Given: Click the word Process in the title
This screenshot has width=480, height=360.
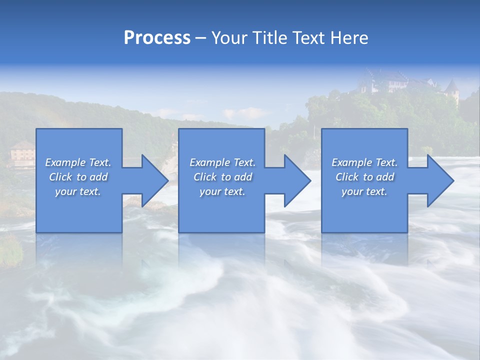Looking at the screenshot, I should click(157, 38).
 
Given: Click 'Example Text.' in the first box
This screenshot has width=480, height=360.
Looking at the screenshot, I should click(78, 162).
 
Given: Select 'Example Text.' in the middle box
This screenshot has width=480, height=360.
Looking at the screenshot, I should click(222, 162).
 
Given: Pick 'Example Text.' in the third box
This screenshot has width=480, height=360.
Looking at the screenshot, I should click(364, 162).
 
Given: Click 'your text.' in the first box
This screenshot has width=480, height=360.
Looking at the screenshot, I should click(78, 191).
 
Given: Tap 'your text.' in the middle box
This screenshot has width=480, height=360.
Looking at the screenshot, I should click(222, 191).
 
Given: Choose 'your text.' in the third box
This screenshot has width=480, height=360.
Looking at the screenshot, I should click(364, 191).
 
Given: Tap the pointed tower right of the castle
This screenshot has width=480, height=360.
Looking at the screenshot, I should click(452, 90).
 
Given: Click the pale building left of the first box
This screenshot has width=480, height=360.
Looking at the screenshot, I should click(22, 152).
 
